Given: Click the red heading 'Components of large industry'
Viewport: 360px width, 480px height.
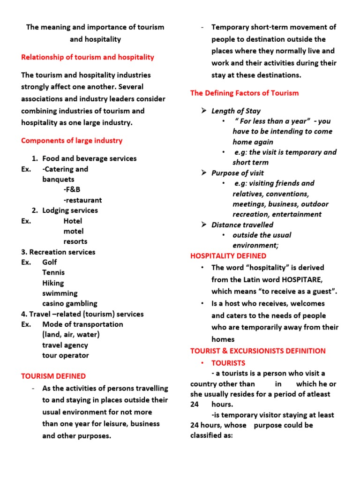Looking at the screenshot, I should (x=72, y=141).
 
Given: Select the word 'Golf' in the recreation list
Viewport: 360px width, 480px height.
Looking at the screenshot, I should (x=50, y=262).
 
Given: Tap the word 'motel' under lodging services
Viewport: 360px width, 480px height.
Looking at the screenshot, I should (x=74, y=231).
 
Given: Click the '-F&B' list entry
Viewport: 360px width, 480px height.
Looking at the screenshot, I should (x=72, y=190).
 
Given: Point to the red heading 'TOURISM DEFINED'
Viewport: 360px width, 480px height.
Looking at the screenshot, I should (x=53, y=376).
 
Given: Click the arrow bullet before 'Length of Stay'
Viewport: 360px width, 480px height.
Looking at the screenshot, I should (x=204, y=111).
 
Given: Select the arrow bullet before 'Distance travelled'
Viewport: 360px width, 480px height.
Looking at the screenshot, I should (x=204, y=225).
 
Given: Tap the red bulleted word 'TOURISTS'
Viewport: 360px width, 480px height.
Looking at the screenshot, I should (x=228, y=363).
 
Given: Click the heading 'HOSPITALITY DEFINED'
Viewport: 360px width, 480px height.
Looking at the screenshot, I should (x=228, y=256).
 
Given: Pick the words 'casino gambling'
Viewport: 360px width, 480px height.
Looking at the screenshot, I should (x=70, y=304).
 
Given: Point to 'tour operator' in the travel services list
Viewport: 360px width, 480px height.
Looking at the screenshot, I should (x=66, y=355).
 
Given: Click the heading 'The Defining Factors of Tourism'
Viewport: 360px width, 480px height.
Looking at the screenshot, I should (x=244, y=93).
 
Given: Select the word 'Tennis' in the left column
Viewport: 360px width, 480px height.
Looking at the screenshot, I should (x=53, y=273).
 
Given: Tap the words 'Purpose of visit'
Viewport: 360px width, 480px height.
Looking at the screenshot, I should (x=237, y=173).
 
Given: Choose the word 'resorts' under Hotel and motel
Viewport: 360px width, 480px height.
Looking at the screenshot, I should (x=75, y=241).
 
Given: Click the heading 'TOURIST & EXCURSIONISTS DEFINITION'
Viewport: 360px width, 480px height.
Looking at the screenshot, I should (x=258, y=351).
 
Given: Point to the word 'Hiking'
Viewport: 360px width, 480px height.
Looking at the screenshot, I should (x=53, y=283).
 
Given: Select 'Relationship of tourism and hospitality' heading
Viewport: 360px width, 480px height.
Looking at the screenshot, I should (x=88, y=57).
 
